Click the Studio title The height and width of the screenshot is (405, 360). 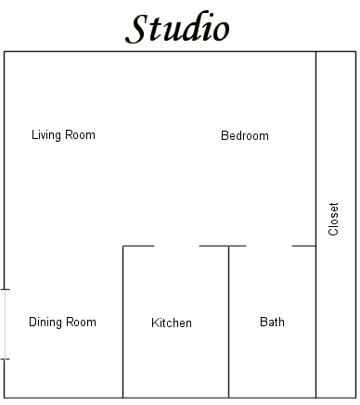click(177, 28)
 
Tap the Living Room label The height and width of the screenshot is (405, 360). click(63, 135)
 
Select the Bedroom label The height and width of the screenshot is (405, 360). click(245, 135)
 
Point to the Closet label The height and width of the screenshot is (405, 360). click(333, 219)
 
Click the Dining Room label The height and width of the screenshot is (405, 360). click(62, 322)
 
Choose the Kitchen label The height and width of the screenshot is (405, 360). click(172, 323)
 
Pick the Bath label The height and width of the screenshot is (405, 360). click(272, 322)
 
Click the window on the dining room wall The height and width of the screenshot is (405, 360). click(5, 324)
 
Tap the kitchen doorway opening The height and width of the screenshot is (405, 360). click(176, 247)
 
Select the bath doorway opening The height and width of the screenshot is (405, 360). click(269, 247)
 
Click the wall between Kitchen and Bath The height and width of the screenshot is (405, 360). click(228, 322)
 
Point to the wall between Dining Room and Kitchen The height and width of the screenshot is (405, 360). click(122, 322)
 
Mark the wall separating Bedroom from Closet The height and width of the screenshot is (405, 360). click(315, 224)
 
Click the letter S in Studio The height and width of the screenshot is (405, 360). click(135, 29)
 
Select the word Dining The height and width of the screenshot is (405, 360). click(45, 323)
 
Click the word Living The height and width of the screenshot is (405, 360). click(46, 135)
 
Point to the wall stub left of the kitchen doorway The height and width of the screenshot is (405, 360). click(138, 247)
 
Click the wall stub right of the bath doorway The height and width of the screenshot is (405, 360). click(304, 247)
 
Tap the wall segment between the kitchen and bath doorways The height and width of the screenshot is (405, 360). click(223, 247)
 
